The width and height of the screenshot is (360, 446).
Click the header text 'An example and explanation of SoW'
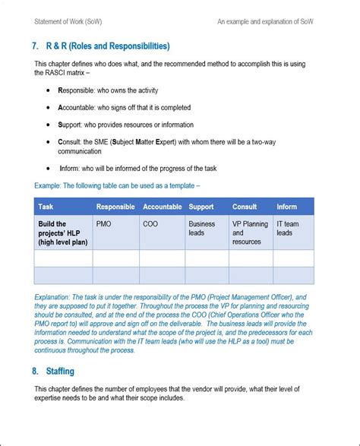tap(266, 21)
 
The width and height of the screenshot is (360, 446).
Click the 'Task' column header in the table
tap(46, 206)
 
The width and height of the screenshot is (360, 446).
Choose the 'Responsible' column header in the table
tap(115, 206)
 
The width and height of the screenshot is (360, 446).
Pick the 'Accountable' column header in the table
tap(162, 206)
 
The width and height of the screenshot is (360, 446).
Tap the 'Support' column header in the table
tap(201, 206)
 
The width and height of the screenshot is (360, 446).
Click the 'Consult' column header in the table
tap(245, 206)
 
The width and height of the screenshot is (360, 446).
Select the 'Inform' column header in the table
tap(287, 206)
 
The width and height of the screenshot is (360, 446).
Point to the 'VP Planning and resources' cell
tap(250, 232)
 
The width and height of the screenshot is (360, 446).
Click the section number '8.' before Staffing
tap(36, 372)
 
